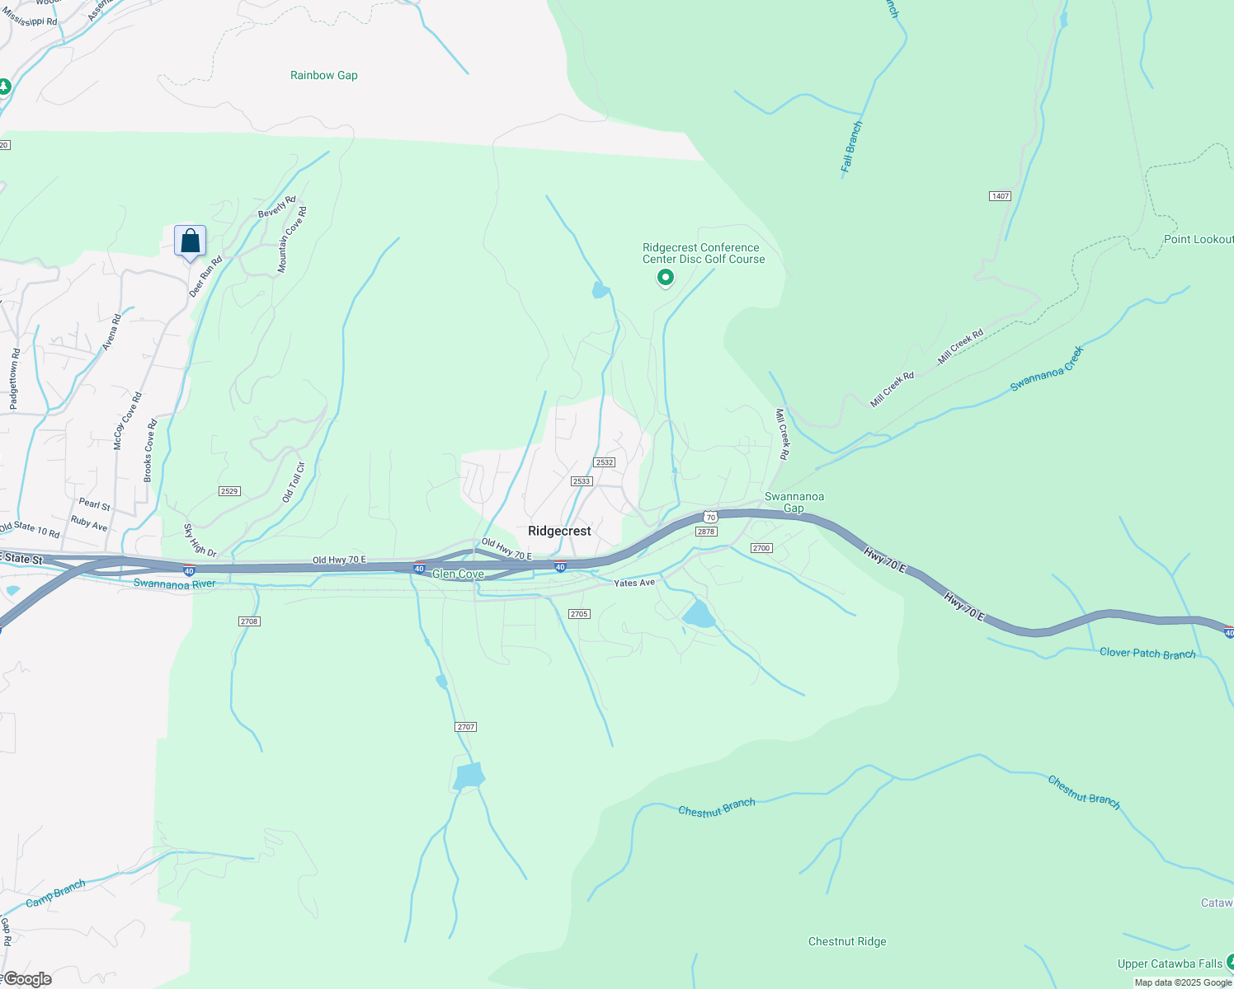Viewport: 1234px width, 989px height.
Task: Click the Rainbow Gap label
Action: [324, 75]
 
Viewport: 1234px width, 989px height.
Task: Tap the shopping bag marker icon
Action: [190, 242]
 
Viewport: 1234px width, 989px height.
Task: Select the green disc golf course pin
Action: [665, 279]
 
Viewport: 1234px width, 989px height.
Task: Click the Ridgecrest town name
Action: [559, 531]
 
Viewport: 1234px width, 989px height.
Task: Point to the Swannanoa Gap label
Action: [794, 502]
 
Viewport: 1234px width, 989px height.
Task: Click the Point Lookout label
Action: [1198, 239]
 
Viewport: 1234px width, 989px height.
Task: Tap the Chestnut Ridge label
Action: [847, 941]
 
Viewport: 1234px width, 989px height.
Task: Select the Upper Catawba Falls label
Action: [1170, 963]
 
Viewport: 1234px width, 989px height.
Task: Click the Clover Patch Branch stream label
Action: [1147, 653]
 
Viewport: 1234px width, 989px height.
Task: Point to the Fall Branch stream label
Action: [851, 147]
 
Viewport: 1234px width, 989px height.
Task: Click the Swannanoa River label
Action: [174, 584]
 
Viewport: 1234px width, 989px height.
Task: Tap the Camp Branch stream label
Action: [55, 893]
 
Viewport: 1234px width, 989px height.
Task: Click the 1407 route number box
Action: [1000, 196]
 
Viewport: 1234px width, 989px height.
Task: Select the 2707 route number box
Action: [466, 727]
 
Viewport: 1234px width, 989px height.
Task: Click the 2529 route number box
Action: [229, 491]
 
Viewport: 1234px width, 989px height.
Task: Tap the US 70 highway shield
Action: [711, 518]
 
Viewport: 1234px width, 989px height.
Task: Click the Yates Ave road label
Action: [634, 583]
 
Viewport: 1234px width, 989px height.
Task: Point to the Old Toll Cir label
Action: [294, 482]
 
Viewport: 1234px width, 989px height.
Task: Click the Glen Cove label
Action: [458, 574]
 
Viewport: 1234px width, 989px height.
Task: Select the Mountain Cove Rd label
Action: [292, 240]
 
